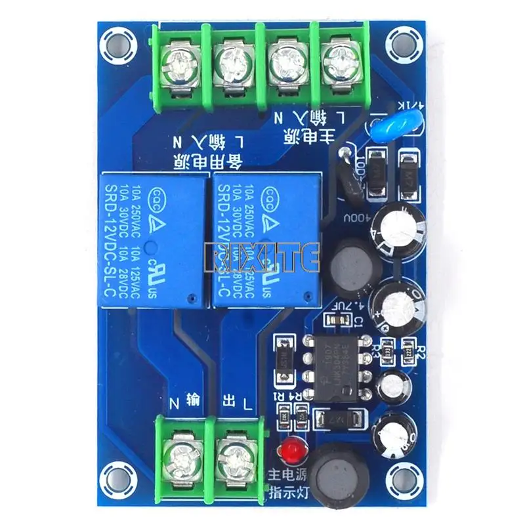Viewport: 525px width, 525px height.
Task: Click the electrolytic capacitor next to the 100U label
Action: pyautogui.click(x=395, y=229)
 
